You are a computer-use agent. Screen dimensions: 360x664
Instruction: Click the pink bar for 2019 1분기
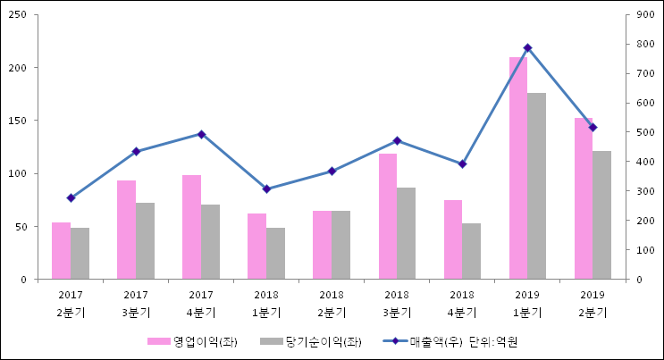(518, 168)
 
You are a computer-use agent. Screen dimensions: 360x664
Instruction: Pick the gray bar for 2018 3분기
(406, 233)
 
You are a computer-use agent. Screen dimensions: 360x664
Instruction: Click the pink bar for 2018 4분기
(453, 239)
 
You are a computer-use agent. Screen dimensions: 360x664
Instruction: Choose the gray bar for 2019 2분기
(601, 215)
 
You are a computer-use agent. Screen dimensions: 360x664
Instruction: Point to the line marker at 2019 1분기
(527, 47)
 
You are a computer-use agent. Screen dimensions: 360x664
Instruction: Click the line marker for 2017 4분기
(201, 134)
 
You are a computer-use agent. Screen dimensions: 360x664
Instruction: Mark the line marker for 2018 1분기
(266, 189)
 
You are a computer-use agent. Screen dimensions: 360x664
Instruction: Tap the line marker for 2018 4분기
(462, 164)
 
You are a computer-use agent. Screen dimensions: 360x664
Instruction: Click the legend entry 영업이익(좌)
(192, 341)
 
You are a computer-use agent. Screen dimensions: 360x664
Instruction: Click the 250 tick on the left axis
(20, 15)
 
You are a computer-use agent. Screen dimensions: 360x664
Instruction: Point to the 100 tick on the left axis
(20, 173)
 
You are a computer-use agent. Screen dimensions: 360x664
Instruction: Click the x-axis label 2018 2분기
(332, 303)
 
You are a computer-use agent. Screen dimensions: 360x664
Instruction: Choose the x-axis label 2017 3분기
(136, 303)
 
